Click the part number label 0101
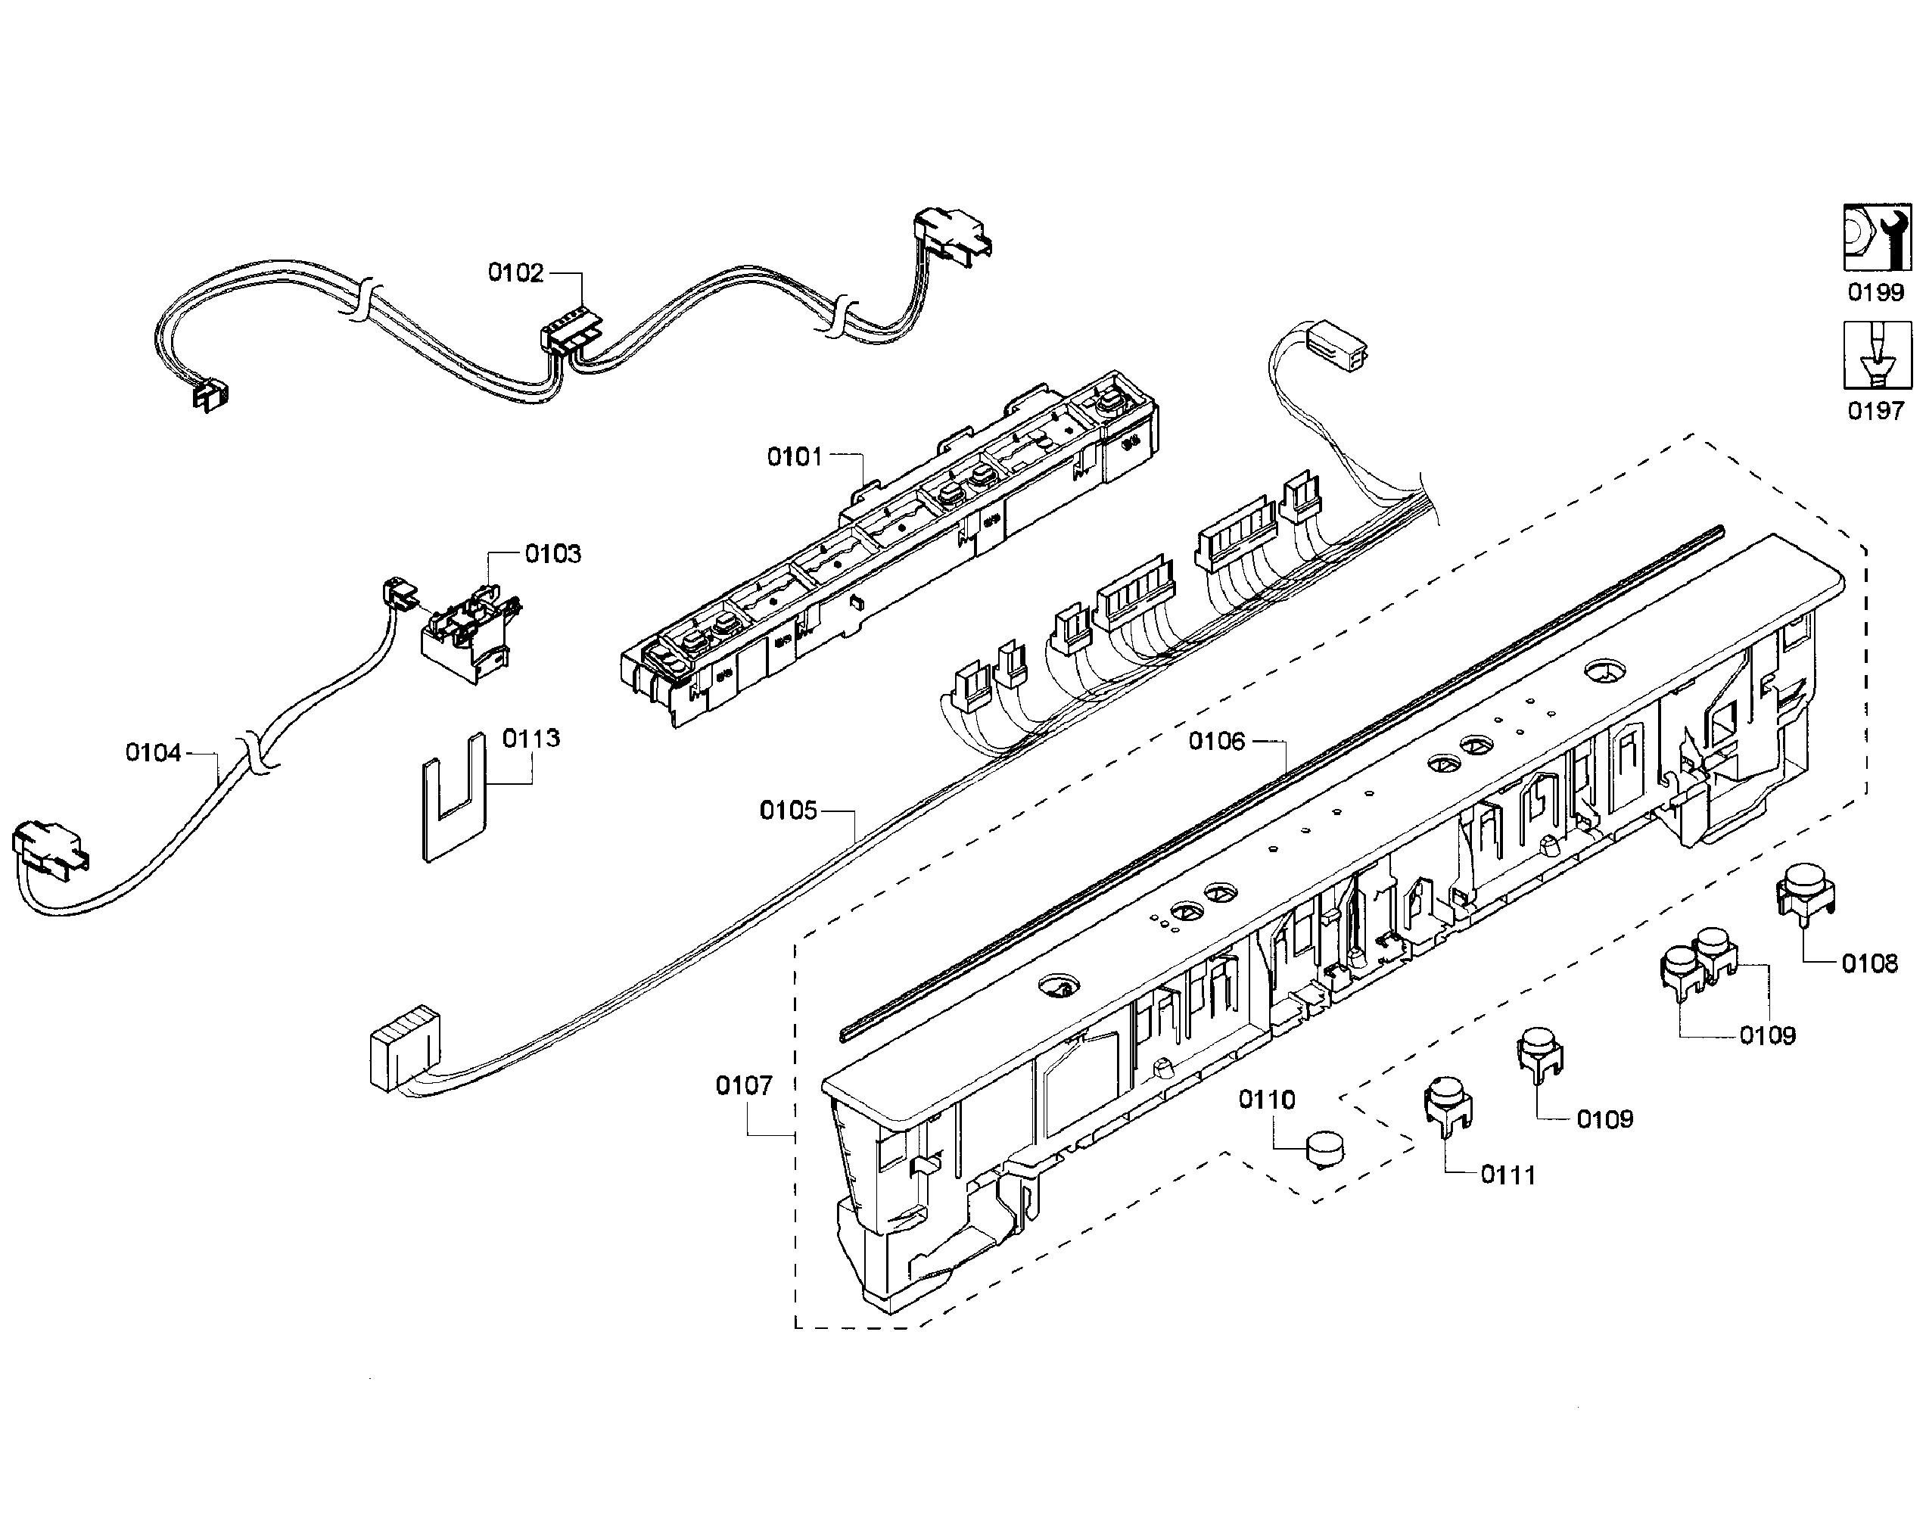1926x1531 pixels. pyautogui.click(x=794, y=457)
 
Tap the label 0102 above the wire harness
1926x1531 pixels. pyautogui.click(x=515, y=272)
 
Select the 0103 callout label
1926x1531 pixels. pyautogui.click(x=553, y=554)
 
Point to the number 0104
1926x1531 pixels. pyautogui.click(x=153, y=753)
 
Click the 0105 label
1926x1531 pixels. pyautogui.click(x=788, y=811)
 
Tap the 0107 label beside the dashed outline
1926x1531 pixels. pyautogui.click(x=743, y=1085)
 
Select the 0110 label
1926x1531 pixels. pyautogui.click(x=1267, y=1100)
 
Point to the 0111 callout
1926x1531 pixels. pyautogui.click(x=1508, y=1175)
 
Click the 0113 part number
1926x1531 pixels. pyautogui.click(x=531, y=738)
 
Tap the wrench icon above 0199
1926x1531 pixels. pyautogui.click(x=1878, y=237)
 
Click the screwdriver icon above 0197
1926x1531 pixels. pyautogui.click(x=1878, y=356)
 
